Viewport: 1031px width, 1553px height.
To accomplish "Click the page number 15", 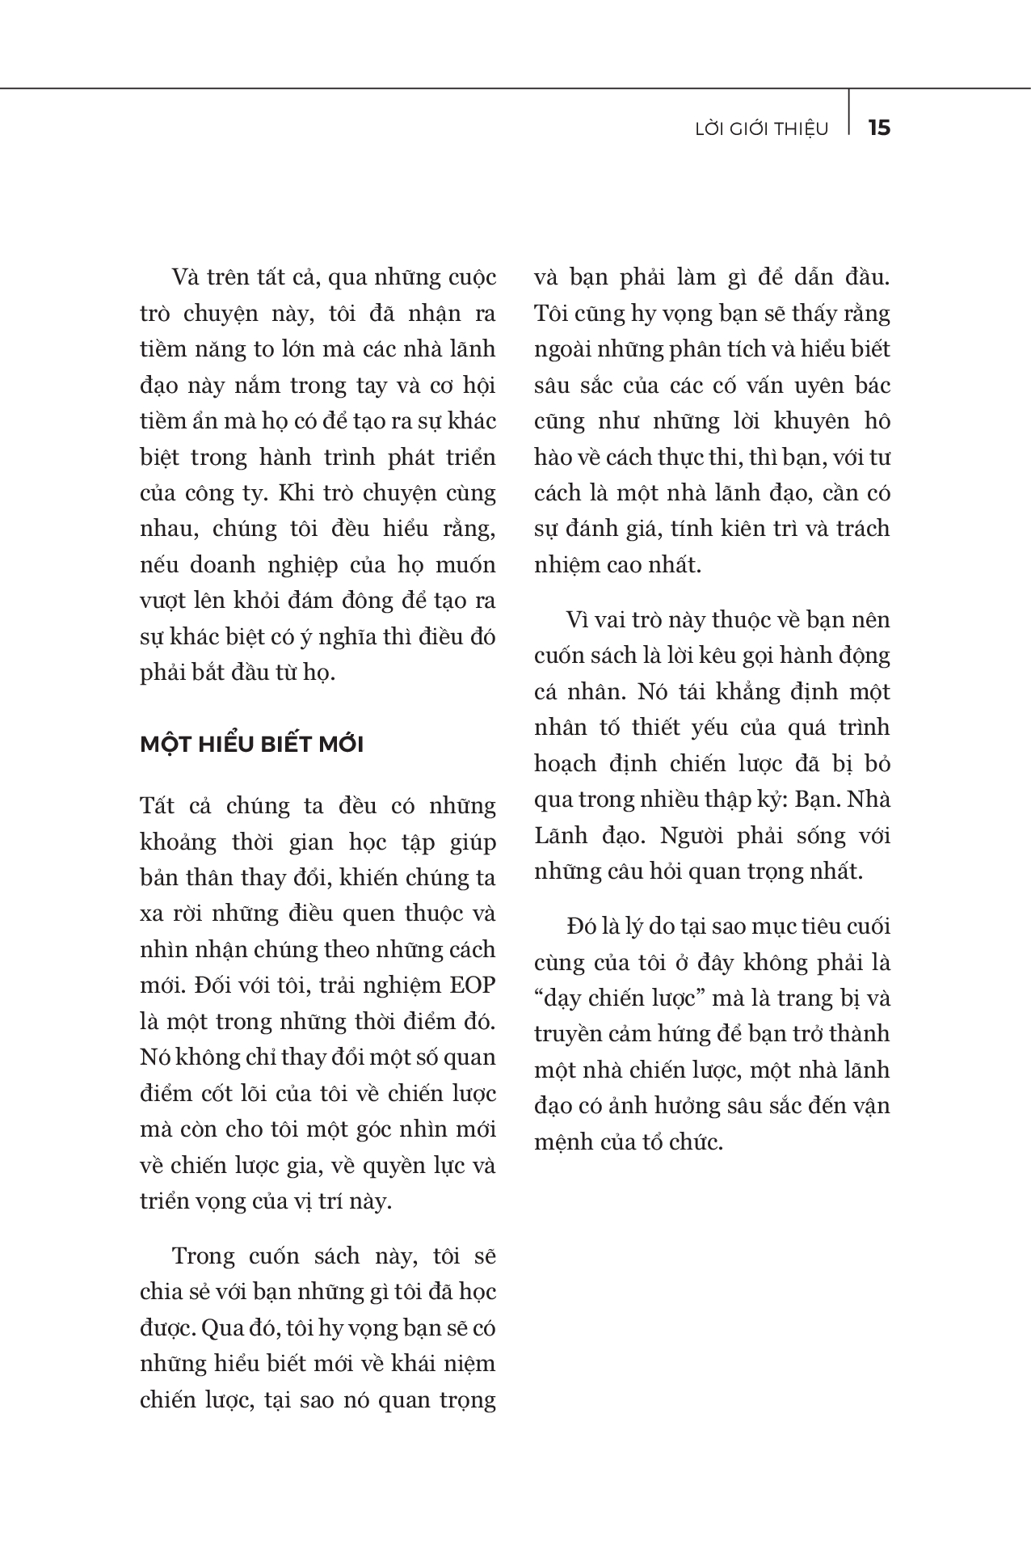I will click(878, 128).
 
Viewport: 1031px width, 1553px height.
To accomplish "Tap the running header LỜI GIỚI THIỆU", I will click(762, 129).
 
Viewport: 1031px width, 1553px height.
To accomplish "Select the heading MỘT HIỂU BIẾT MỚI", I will click(251, 744).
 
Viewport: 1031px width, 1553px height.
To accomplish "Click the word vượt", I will click(162, 601).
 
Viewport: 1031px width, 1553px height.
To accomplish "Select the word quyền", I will click(382, 1165).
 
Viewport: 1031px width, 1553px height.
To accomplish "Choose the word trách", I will click(862, 528).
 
